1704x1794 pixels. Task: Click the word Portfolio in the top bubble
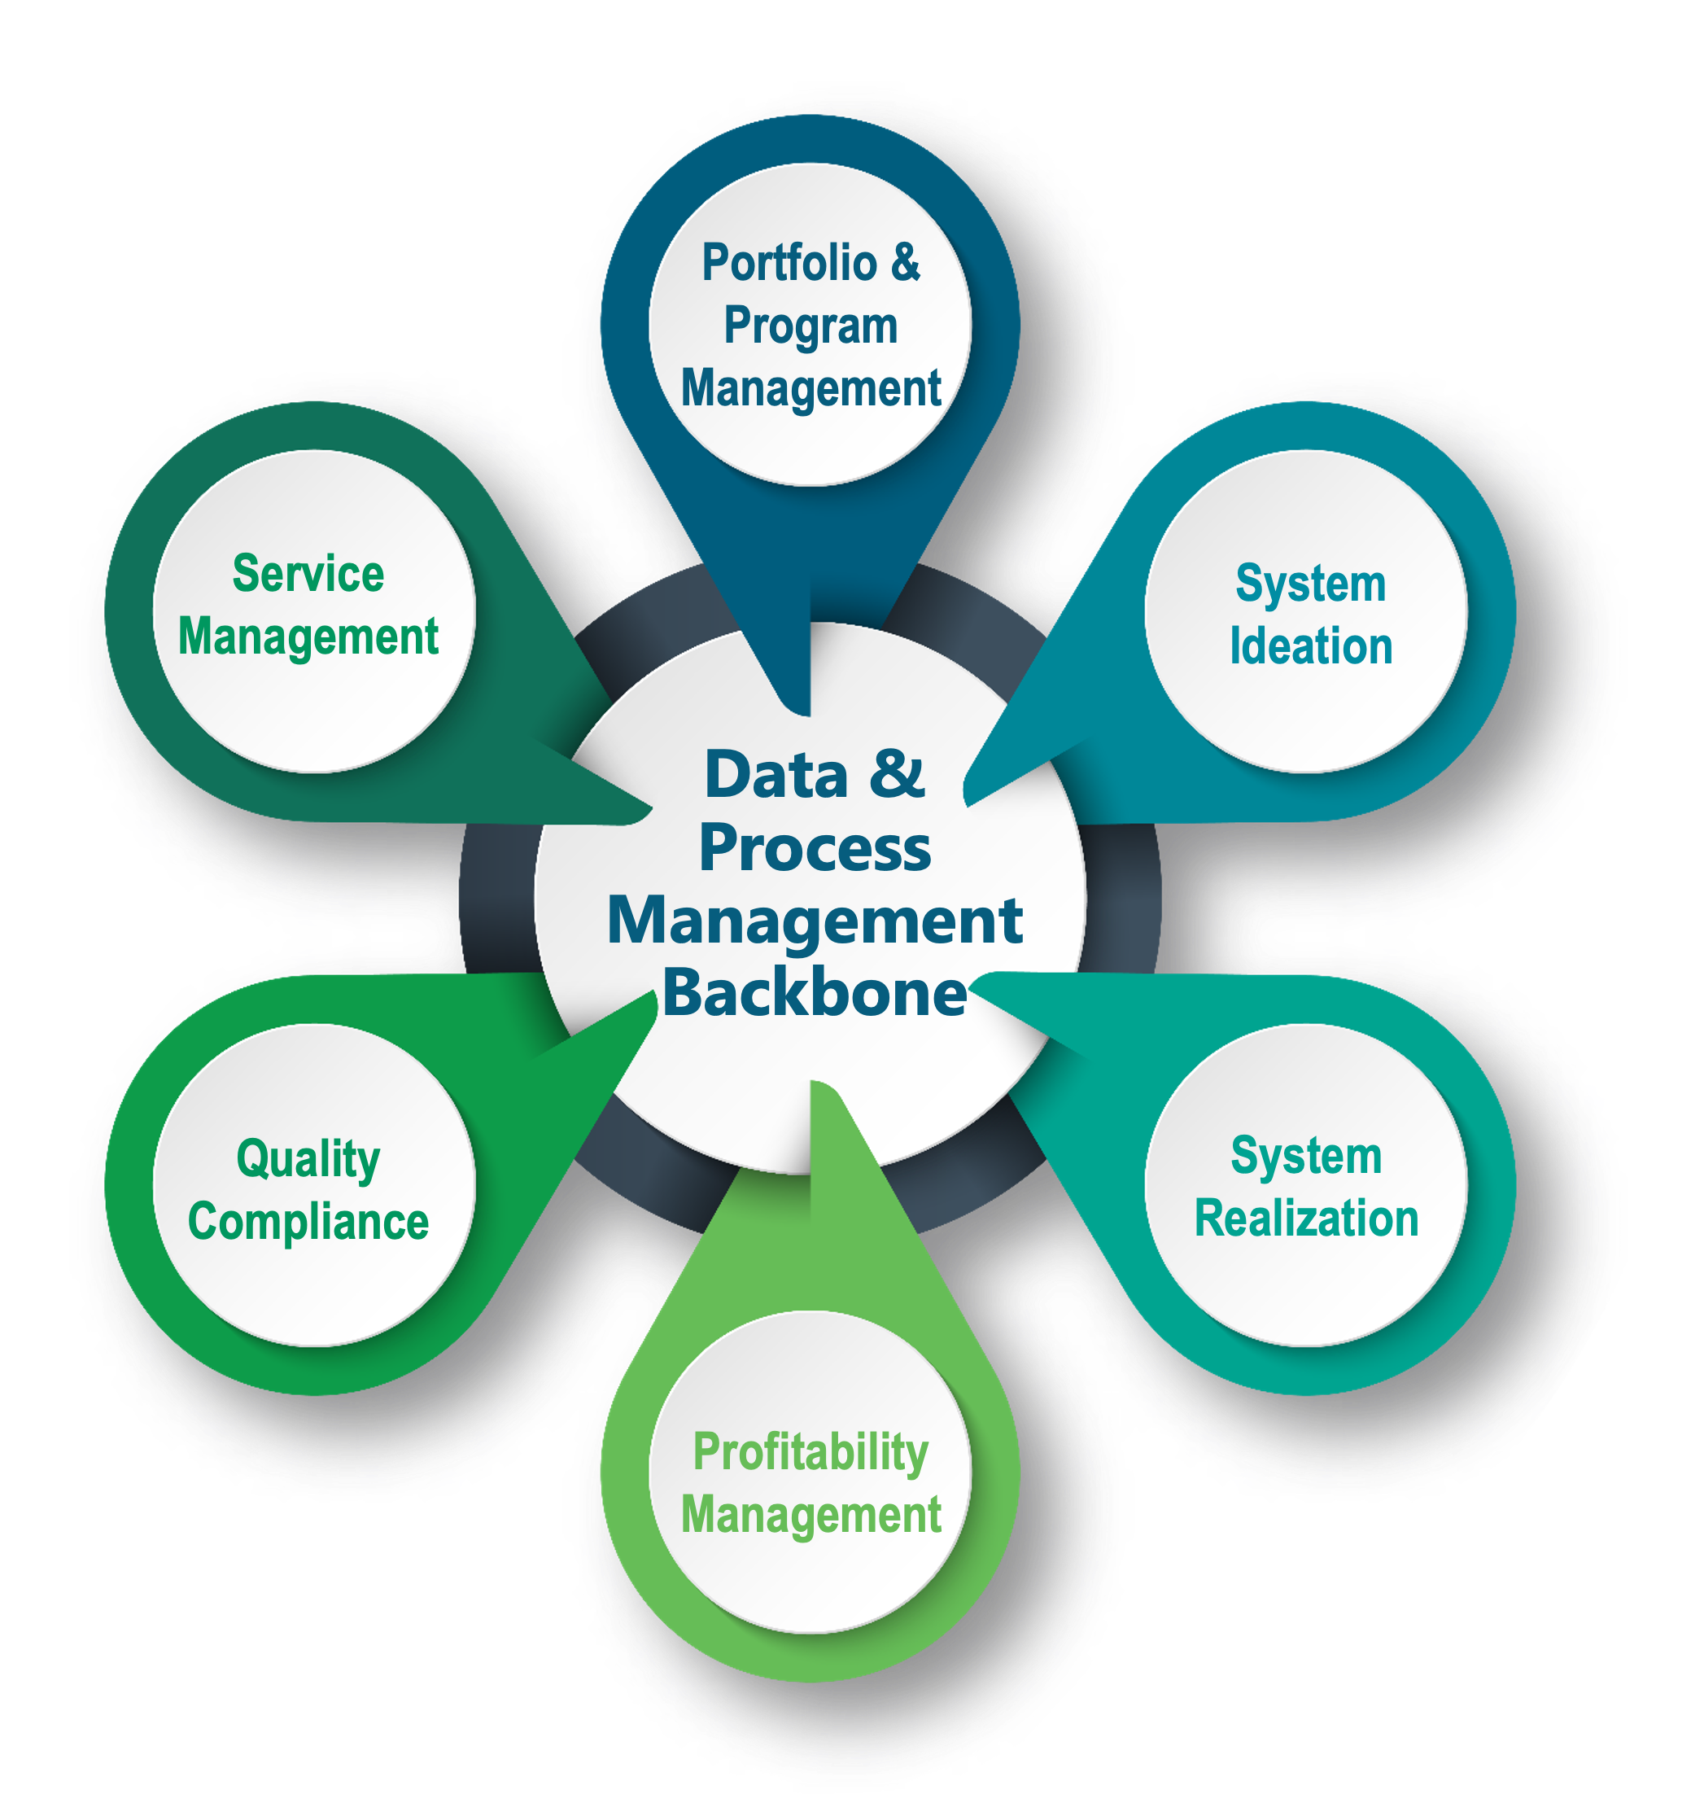tap(789, 264)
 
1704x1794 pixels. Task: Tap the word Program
tap(810, 327)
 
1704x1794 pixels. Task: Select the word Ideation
tap(1311, 647)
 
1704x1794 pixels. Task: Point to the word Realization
tap(1306, 1218)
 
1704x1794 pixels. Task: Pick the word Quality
tap(308, 1161)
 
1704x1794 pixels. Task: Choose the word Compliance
tap(308, 1222)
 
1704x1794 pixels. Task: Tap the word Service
tap(308, 574)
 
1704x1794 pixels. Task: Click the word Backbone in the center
tap(815, 993)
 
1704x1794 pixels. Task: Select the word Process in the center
tap(815, 848)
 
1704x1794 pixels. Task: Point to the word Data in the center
tap(776, 775)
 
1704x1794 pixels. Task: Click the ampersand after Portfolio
tap(905, 263)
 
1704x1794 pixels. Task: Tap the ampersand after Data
tap(897, 774)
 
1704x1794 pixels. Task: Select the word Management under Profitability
tap(810, 1515)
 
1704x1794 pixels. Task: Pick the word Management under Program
tap(810, 390)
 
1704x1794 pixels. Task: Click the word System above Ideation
tap(1311, 584)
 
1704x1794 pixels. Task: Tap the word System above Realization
tap(1306, 1157)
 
